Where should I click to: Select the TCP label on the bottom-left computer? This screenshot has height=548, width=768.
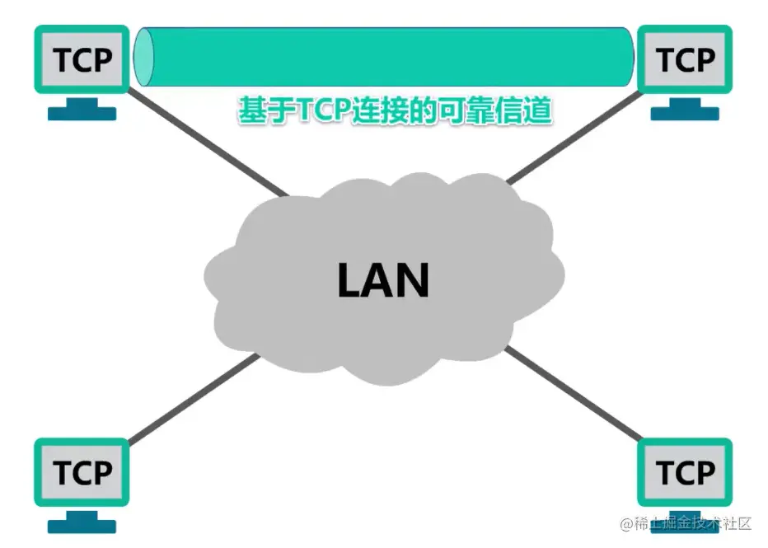(82, 473)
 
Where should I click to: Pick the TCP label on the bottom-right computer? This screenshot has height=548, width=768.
(686, 473)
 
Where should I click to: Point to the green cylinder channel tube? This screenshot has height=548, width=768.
(387, 57)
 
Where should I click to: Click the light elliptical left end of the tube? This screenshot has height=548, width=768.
(144, 57)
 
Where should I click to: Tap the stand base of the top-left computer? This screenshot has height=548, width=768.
(82, 112)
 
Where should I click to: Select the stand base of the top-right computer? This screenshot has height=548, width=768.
(686, 112)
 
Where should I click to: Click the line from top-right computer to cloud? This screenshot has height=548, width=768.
(569, 140)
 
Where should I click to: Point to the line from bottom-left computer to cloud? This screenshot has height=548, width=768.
(190, 399)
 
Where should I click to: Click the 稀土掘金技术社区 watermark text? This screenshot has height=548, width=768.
(687, 524)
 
